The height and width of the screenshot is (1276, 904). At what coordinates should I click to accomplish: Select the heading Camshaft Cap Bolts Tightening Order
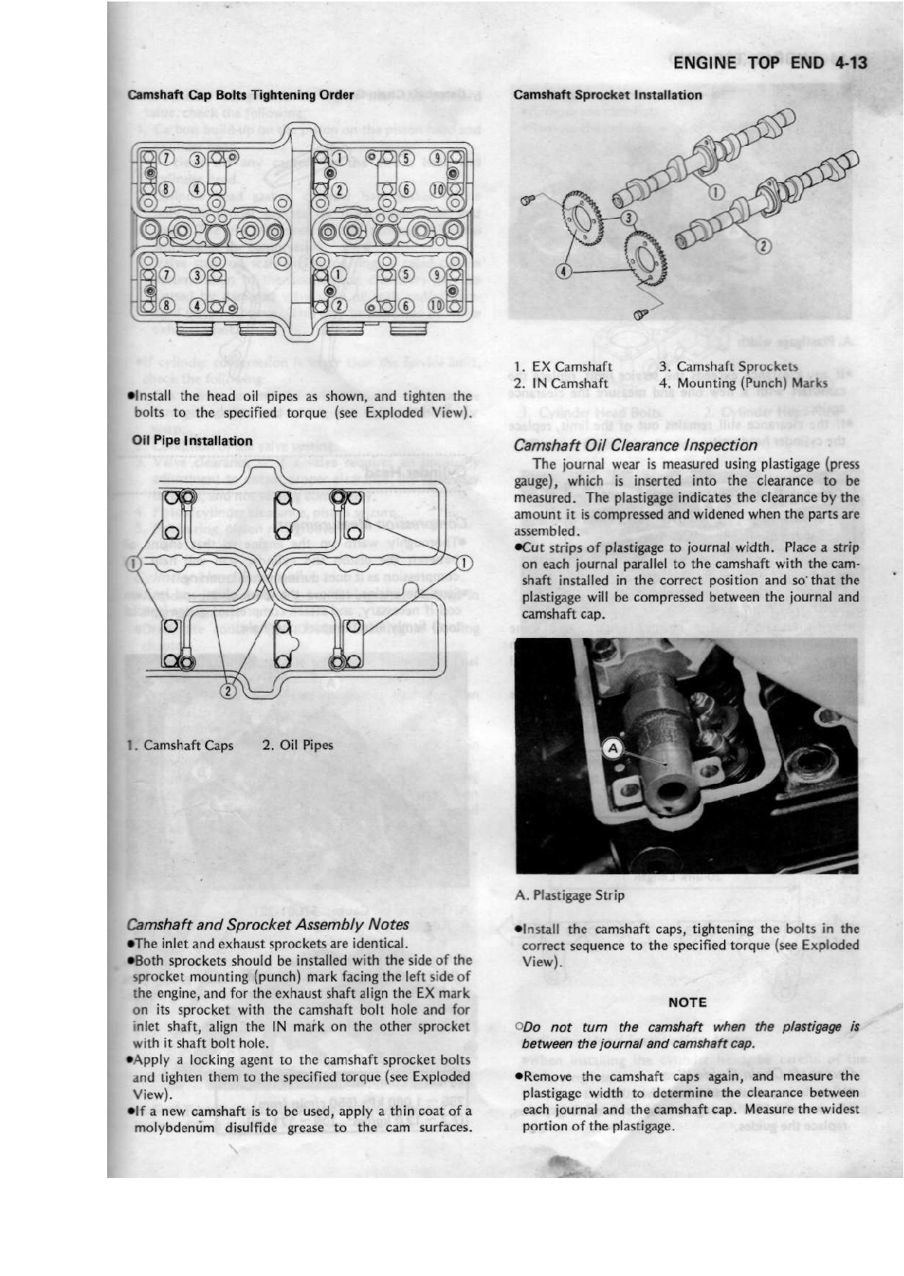[241, 95]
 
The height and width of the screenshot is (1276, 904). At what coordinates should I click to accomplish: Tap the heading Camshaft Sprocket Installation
[608, 95]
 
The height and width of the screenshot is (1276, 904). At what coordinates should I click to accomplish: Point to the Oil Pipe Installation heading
[192, 441]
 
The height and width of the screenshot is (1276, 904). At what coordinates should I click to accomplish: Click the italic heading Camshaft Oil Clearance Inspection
[635, 445]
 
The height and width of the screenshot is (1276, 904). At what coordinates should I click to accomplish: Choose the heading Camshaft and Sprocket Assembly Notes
[267, 924]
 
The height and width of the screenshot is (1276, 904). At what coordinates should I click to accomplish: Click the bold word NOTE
[687, 1002]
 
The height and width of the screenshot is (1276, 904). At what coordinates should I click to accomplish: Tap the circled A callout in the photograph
[612, 749]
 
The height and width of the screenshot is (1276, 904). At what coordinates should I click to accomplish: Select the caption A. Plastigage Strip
[570, 895]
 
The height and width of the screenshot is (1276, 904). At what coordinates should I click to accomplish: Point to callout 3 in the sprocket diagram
[627, 218]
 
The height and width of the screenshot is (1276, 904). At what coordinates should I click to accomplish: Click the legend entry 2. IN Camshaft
[561, 384]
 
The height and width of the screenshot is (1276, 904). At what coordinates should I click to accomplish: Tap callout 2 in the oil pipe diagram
[227, 690]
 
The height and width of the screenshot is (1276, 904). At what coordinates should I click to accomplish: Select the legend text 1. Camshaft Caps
[181, 745]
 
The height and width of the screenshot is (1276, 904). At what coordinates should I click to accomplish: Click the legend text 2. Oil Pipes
[298, 745]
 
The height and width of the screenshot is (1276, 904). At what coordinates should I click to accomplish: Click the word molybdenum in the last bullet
[175, 1127]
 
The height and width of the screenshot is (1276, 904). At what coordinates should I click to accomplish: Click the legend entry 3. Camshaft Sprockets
[729, 367]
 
